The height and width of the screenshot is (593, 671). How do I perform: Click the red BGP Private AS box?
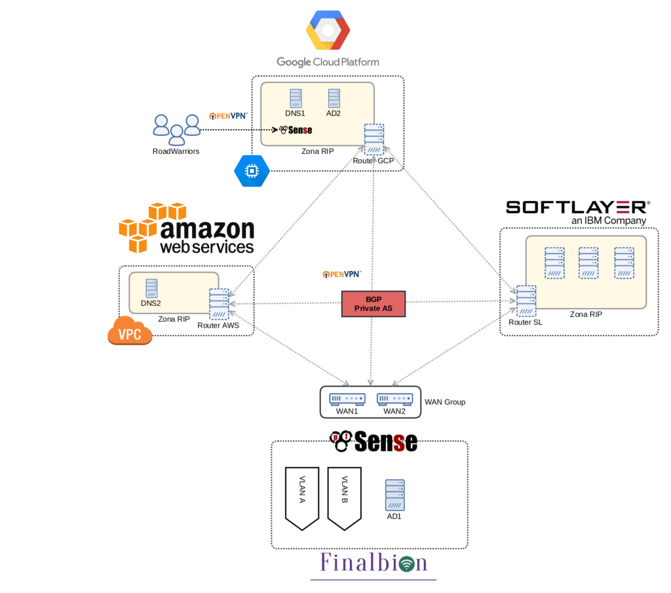click(374, 304)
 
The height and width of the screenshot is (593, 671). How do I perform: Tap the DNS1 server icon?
click(296, 99)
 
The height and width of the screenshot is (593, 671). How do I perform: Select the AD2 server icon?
click(334, 99)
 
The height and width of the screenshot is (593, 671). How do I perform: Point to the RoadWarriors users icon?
click(176, 129)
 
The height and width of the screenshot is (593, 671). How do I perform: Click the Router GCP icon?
click(374, 140)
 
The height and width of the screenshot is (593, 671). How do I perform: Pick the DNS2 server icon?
click(151, 289)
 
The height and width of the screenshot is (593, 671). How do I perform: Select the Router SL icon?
click(526, 301)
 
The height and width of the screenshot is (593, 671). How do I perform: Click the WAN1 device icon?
click(347, 398)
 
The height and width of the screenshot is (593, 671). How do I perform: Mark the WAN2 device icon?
click(394, 398)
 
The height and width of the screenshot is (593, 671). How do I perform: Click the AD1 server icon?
click(394, 495)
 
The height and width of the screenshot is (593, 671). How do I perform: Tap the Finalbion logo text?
click(374, 564)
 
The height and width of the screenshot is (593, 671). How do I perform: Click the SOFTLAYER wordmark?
click(577, 207)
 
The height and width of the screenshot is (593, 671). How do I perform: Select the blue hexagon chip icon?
click(252, 171)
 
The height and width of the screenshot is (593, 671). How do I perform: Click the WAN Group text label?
click(445, 402)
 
